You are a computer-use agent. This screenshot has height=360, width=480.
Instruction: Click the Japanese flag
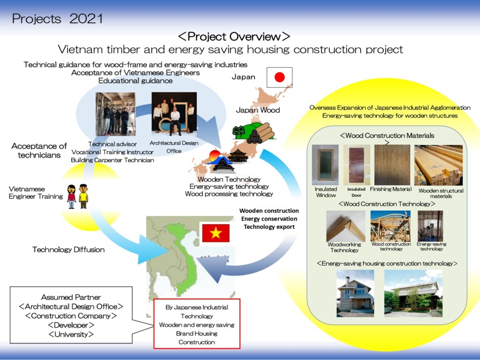click(279, 77)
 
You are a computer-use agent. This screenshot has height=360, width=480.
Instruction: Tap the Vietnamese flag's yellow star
click(216, 233)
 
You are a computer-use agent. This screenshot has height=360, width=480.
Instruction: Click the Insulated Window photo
click(325, 165)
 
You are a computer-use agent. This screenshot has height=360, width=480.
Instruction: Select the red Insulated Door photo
click(357, 165)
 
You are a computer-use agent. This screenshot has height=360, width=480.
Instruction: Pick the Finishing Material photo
click(392, 165)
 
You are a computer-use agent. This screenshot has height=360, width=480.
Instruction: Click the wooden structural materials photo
click(438, 165)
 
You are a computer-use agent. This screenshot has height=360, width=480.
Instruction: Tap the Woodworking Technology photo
click(345, 226)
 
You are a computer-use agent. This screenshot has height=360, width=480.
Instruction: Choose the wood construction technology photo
click(390, 226)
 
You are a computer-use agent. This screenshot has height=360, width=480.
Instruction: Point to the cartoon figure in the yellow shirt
click(83, 196)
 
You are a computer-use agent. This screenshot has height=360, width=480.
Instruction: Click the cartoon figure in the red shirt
click(72, 197)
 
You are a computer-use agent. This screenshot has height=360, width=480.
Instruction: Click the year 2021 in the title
click(86, 19)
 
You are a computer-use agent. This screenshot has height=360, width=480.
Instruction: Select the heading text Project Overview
click(234, 37)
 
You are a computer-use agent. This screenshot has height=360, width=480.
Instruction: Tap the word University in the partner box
click(71, 334)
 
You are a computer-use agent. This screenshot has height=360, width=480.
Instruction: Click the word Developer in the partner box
click(71, 325)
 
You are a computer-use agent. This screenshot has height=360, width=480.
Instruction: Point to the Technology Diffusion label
click(68, 249)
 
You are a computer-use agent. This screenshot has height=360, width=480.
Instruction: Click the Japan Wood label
click(258, 110)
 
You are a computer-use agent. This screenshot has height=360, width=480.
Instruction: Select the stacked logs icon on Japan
click(261, 133)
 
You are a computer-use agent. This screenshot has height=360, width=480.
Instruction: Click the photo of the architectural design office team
click(174, 114)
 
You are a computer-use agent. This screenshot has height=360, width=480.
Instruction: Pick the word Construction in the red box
click(196, 342)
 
